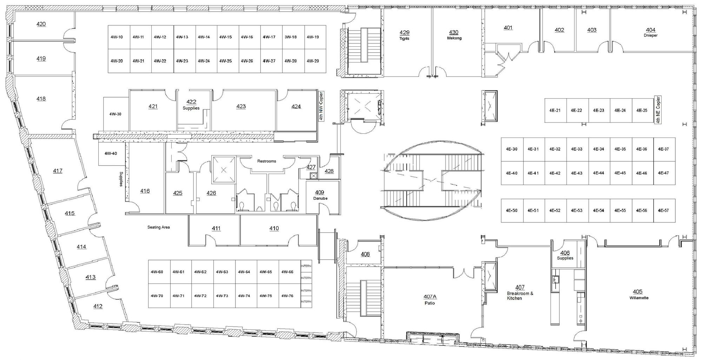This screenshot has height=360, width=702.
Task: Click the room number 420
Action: (x=41, y=24)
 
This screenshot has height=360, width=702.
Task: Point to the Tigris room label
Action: (x=404, y=38)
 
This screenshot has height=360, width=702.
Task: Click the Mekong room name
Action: (x=454, y=38)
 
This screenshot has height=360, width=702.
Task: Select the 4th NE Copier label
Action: (x=658, y=109)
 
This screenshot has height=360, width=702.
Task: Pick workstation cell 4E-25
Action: (x=643, y=111)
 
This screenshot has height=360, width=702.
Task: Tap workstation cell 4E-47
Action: (x=664, y=173)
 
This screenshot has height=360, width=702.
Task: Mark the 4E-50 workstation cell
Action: (x=512, y=211)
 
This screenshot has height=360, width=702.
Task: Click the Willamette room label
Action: (x=639, y=298)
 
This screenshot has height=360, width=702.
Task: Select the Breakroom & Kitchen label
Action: (x=520, y=296)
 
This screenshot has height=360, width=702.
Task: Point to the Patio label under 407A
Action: (x=430, y=303)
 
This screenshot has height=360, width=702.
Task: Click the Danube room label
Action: (x=320, y=199)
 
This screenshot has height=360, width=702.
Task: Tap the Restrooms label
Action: (x=267, y=161)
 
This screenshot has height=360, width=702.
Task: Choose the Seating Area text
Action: (x=159, y=227)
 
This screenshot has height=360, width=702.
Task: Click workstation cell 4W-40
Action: (x=111, y=154)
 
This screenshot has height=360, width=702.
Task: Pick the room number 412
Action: (x=98, y=306)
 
